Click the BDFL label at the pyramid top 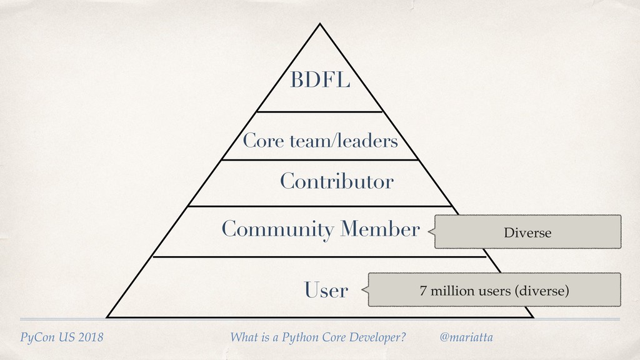(x=319, y=81)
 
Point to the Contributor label (x=336, y=182)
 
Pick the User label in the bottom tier (x=326, y=290)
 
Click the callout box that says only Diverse (x=527, y=232)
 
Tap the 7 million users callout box (x=494, y=290)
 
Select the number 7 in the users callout (x=423, y=291)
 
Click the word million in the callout (x=449, y=291)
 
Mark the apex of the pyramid (x=320, y=24)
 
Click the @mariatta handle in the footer (x=466, y=337)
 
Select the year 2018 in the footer (x=90, y=338)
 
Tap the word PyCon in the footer (x=36, y=338)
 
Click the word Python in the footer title (x=302, y=338)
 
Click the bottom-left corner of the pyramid (x=107, y=317)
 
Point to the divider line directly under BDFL (x=319, y=112)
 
